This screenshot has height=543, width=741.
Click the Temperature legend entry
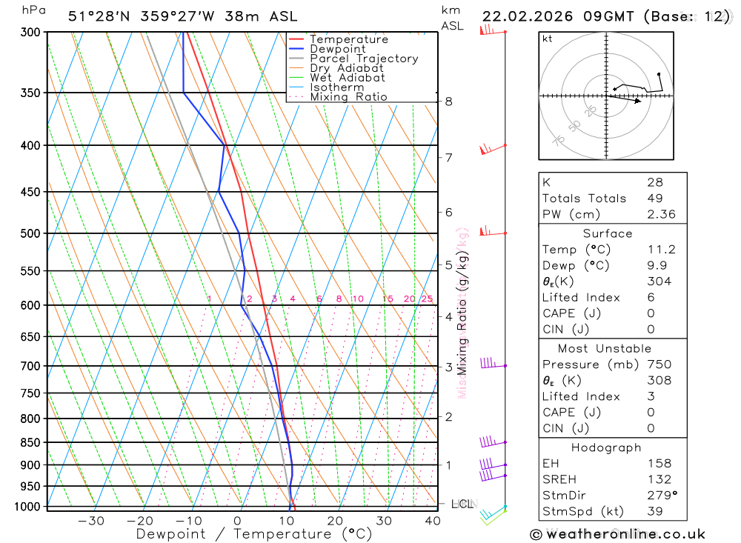click(348, 39)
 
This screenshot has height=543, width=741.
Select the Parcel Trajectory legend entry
click(364, 59)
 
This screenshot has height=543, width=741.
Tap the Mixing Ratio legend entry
click(348, 96)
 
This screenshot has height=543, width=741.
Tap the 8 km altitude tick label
click(449, 101)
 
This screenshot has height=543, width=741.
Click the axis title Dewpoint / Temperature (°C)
click(253, 533)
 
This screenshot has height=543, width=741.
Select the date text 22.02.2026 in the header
click(528, 16)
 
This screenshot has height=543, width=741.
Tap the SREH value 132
click(658, 479)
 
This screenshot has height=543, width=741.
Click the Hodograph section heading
click(606, 447)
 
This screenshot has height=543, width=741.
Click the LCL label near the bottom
click(462, 504)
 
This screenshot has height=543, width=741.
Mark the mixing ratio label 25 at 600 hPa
click(427, 299)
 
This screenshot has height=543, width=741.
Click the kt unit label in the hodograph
click(548, 39)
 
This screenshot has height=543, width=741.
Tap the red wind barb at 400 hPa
click(489, 149)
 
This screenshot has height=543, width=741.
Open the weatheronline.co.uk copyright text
click(617, 534)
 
